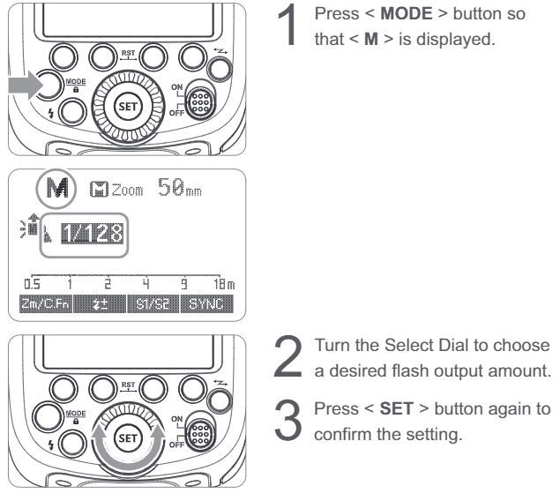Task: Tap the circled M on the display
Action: (56, 188)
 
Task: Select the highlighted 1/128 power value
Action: (92, 234)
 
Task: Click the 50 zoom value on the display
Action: (171, 187)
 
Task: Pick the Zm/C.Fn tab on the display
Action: (46, 304)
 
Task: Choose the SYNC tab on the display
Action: (206, 304)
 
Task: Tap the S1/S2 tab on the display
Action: (153, 304)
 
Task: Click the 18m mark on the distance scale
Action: (224, 284)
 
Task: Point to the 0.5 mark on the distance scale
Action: (32, 284)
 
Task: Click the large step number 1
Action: (287, 25)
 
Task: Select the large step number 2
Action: (287, 356)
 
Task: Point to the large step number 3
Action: (287, 420)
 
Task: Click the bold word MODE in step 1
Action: (407, 14)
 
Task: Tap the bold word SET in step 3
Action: (396, 409)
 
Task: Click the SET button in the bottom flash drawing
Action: (128, 438)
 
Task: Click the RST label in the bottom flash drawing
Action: (128, 385)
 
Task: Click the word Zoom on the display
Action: (128, 190)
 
